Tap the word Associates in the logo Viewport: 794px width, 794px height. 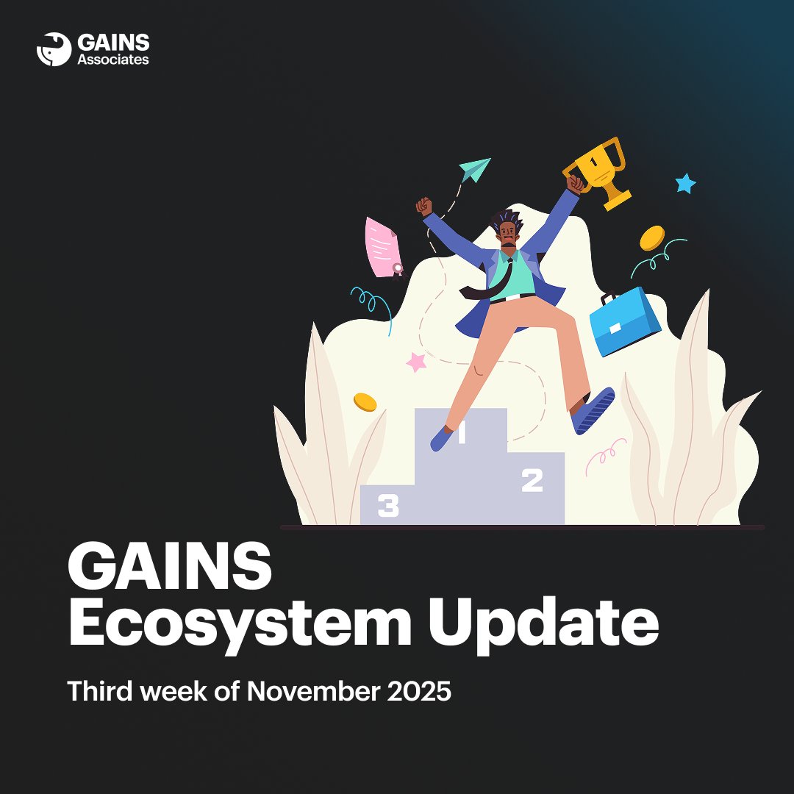pos(113,60)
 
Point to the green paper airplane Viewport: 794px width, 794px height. pos(474,170)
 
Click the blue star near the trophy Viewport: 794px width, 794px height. pos(685,183)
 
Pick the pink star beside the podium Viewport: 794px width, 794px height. pos(417,362)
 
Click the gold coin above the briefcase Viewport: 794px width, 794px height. pos(651,237)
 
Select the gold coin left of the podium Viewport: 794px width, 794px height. pos(365,402)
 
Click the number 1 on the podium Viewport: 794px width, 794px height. pos(462,434)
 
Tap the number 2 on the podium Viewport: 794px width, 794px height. pos(532,481)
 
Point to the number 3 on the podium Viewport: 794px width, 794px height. pos(388,506)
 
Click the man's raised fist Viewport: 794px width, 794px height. pos(423,205)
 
